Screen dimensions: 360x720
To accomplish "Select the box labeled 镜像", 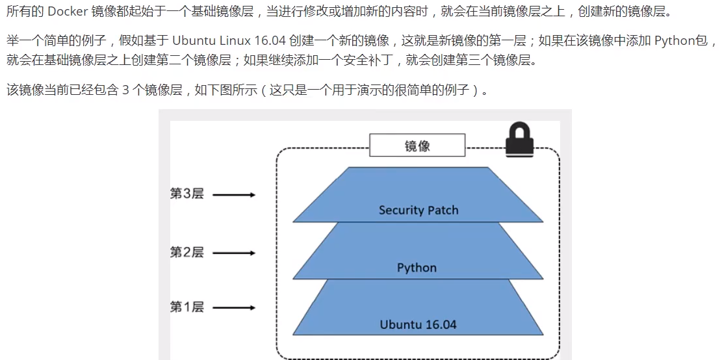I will point(417,146).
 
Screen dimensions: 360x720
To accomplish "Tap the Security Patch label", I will point(418,210).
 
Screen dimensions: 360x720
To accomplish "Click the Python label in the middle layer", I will point(417,268).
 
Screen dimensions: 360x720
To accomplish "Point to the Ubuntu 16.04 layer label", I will point(418,324).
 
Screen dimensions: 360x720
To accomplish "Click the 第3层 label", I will point(186,194).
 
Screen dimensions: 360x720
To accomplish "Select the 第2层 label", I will point(186,251).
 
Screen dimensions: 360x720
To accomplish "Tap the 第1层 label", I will point(186,307).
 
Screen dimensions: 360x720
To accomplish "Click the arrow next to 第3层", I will point(234,194).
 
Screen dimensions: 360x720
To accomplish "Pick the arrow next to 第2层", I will point(234,252).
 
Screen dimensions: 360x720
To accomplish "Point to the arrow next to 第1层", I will point(234,307).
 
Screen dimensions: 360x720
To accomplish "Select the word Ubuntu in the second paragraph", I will point(194,41).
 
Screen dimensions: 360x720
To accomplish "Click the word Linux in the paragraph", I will point(235,41).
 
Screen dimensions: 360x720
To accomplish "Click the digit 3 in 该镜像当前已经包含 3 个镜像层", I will point(125,90).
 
